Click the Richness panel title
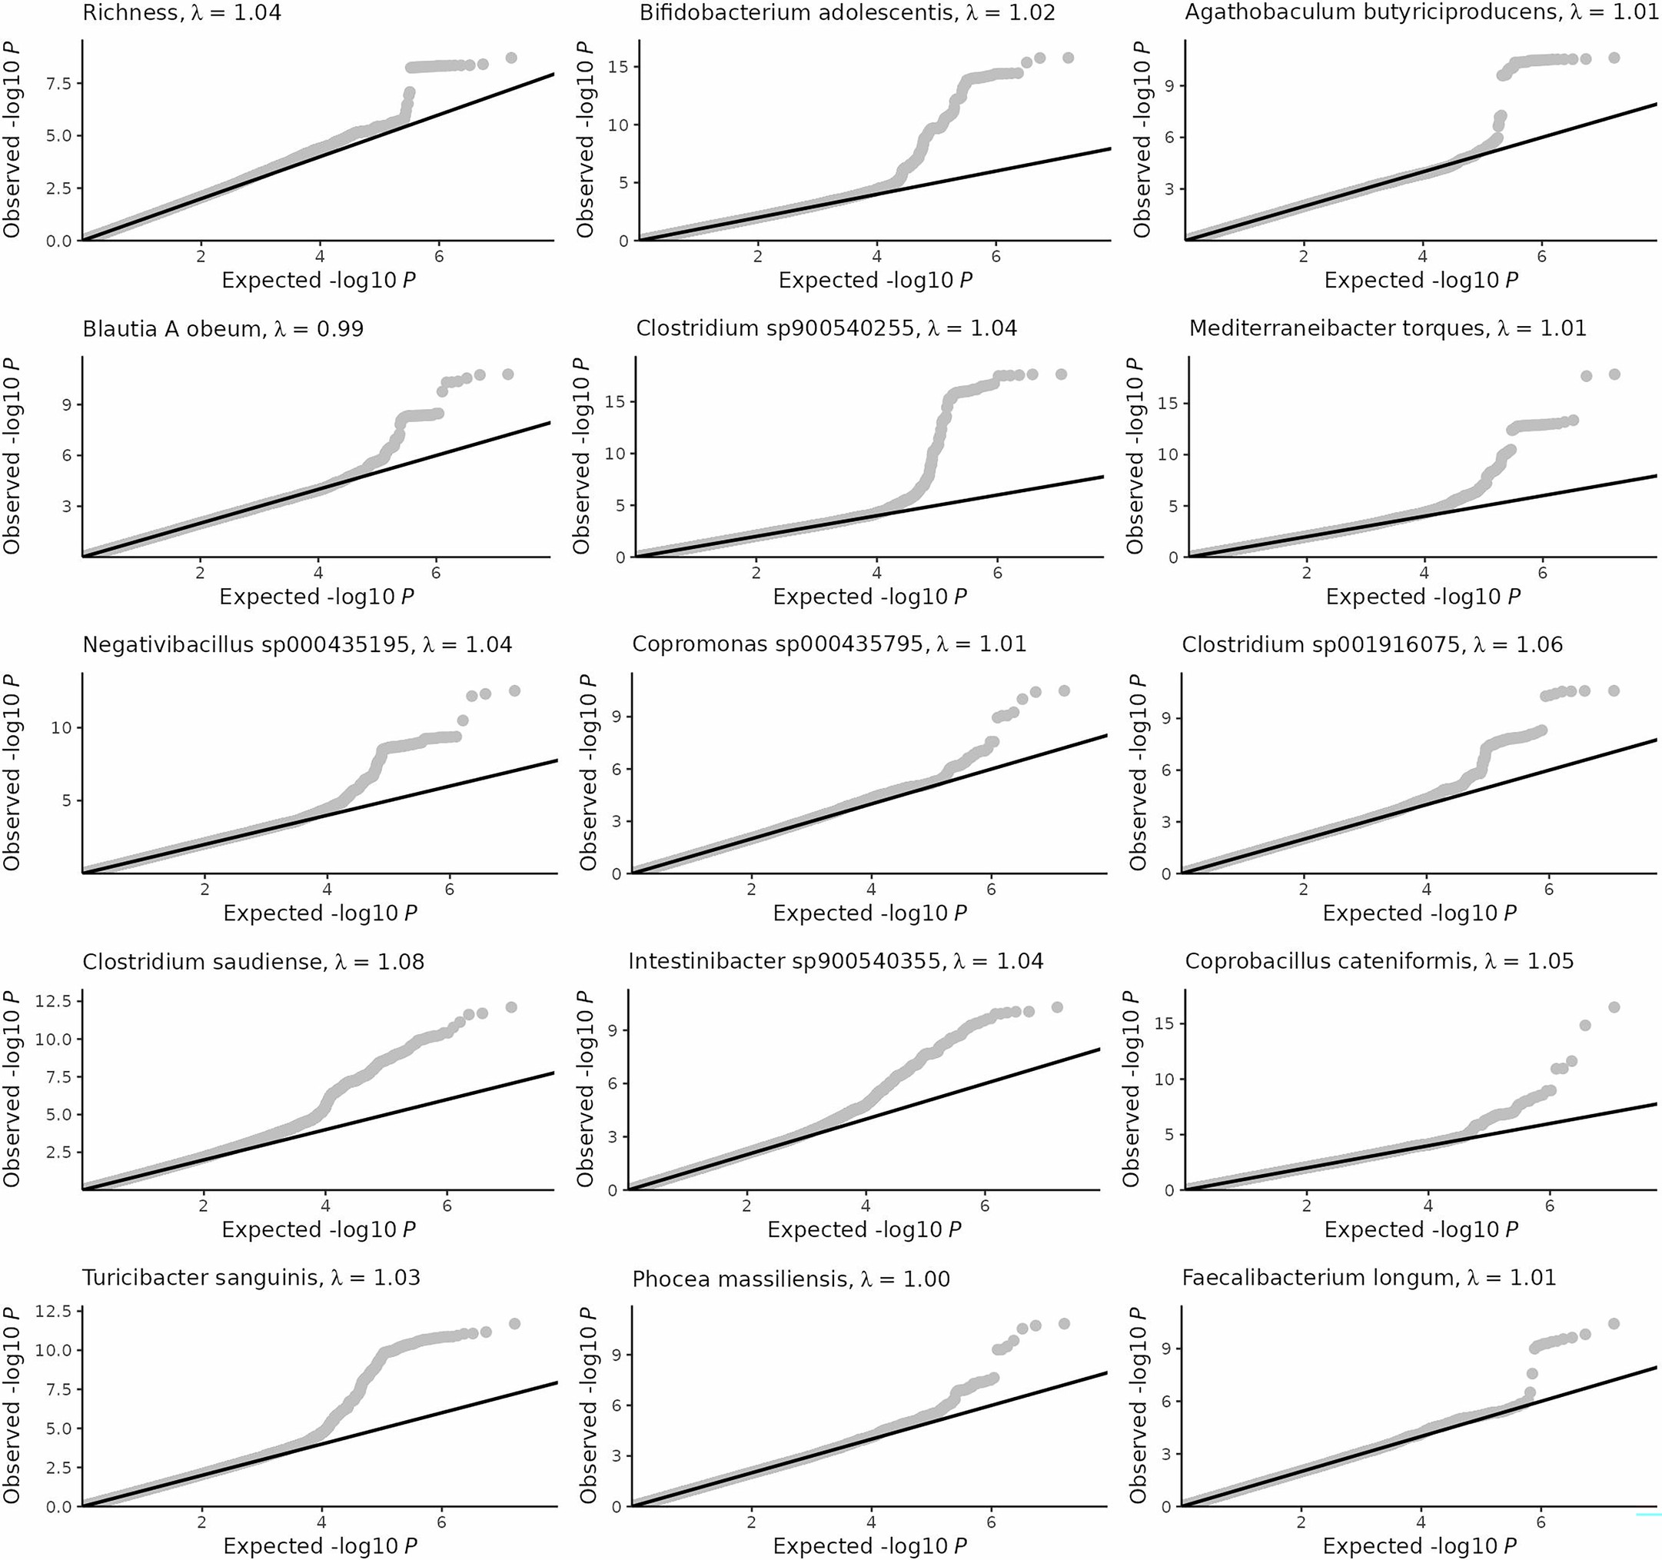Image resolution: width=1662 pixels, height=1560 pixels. click(x=181, y=12)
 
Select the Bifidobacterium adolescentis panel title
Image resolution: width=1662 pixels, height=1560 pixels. click(x=846, y=12)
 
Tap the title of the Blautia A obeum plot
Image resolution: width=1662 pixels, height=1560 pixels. click(x=222, y=328)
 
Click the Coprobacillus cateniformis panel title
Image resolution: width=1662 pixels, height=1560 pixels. click(x=1378, y=961)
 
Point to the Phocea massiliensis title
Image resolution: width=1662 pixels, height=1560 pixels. click(x=790, y=1279)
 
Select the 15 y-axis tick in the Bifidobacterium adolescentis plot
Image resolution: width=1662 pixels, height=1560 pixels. click(x=620, y=67)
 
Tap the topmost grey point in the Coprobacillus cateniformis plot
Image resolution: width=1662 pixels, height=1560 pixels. click(x=1614, y=1007)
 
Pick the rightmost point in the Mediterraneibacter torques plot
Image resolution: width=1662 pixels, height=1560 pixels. click(x=1614, y=374)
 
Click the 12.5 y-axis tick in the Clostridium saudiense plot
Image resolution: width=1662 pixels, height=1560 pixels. click(x=58, y=1001)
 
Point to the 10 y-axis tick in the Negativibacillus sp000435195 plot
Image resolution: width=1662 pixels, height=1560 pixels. click(x=61, y=727)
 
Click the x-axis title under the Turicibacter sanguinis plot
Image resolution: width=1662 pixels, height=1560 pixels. click(x=319, y=1546)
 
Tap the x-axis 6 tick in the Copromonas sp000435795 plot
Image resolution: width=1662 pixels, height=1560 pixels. click(x=991, y=890)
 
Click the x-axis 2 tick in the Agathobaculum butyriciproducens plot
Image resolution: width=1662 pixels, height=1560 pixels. click(x=1303, y=258)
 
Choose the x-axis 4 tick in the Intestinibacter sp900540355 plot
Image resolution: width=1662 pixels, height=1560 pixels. click(x=866, y=1206)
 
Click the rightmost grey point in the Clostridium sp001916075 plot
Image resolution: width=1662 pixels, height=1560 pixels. click(x=1614, y=690)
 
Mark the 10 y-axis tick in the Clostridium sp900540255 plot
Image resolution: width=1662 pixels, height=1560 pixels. click(x=620, y=453)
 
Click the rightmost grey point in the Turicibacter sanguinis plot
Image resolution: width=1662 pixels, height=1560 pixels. click(x=514, y=1323)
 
